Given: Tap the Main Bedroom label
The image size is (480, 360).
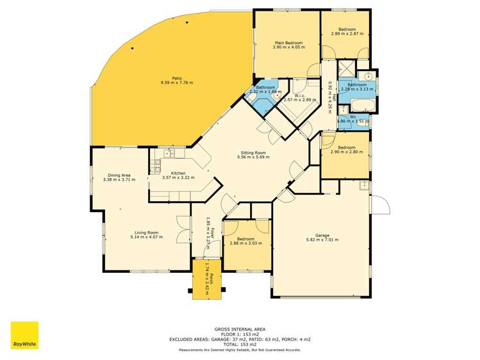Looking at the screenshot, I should [287, 43].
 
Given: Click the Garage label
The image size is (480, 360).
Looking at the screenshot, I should [322, 235].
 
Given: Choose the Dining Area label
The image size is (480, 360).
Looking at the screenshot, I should [120, 175].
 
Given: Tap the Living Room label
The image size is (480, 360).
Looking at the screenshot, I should [146, 233].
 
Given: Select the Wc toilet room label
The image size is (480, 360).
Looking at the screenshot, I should [352, 117].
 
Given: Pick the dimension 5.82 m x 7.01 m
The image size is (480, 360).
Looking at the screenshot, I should [322, 240].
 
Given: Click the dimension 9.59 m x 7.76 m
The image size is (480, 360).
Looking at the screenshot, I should [176, 83].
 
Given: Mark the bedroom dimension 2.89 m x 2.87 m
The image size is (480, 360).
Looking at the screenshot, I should [347, 33].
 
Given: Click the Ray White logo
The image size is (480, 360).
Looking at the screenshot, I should [24, 335].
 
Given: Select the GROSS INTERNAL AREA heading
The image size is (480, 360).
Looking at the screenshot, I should [240, 327].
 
